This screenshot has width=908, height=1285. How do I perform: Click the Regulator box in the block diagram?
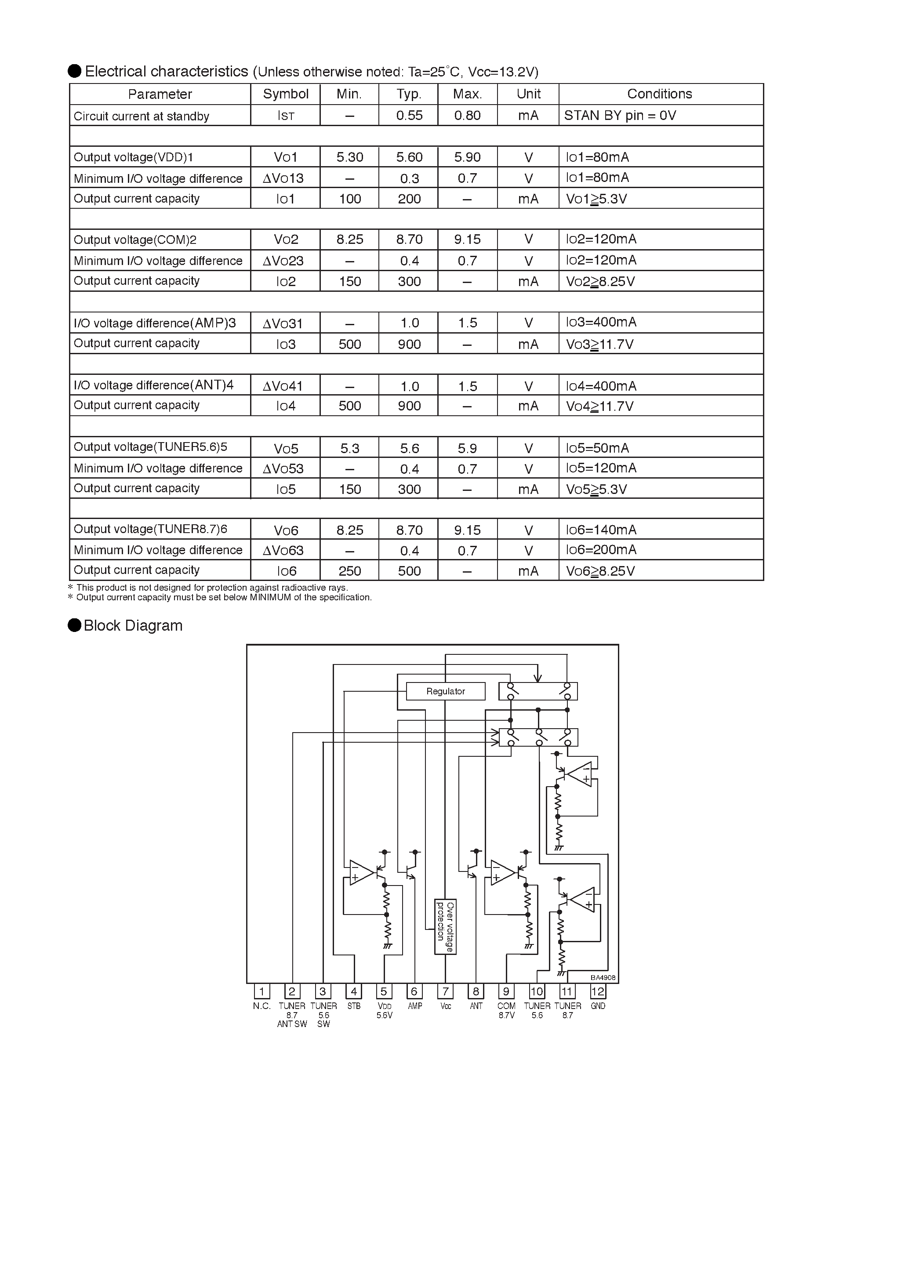[x=445, y=691]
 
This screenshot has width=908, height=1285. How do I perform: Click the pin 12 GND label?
[x=598, y=1006]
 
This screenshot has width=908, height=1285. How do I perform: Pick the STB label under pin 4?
[x=354, y=1006]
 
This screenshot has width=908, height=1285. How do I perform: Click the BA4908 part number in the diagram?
[x=603, y=978]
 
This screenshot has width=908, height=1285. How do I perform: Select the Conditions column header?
[x=659, y=94]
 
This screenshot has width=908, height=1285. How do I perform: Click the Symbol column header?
[x=286, y=94]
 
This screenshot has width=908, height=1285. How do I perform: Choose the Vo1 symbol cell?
[x=286, y=157]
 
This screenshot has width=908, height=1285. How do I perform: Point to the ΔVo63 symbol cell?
[x=283, y=550]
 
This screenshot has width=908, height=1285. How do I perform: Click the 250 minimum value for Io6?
[x=350, y=571]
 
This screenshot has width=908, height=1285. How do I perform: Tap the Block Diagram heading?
[x=133, y=625]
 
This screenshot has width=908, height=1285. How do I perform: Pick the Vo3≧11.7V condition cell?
[x=599, y=344]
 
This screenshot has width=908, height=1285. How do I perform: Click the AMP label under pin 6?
[x=415, y=1006]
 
